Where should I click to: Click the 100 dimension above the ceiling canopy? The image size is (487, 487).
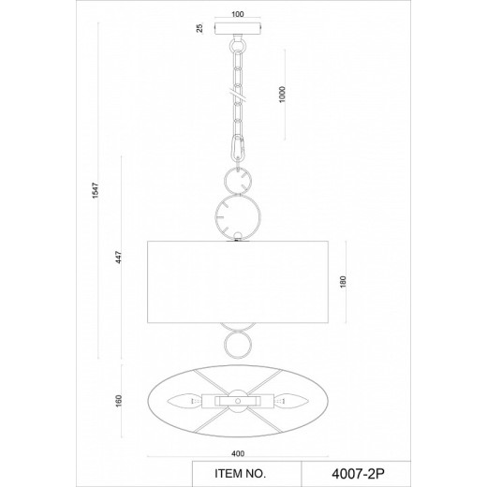click(238, 14)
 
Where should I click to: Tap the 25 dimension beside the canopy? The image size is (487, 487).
click(199, 28)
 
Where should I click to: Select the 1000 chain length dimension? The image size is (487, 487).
click(282, 95)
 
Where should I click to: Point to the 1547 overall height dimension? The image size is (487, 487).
click(96, 190)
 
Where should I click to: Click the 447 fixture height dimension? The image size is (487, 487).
click(119, 257)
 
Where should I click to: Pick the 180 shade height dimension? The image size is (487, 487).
click(343, 282)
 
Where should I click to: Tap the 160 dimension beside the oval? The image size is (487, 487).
click(119, 401)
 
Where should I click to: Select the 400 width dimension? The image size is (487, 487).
click(238, 453)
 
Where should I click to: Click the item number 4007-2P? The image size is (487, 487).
click(358, 474)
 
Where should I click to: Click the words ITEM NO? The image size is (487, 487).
click(240, 474)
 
